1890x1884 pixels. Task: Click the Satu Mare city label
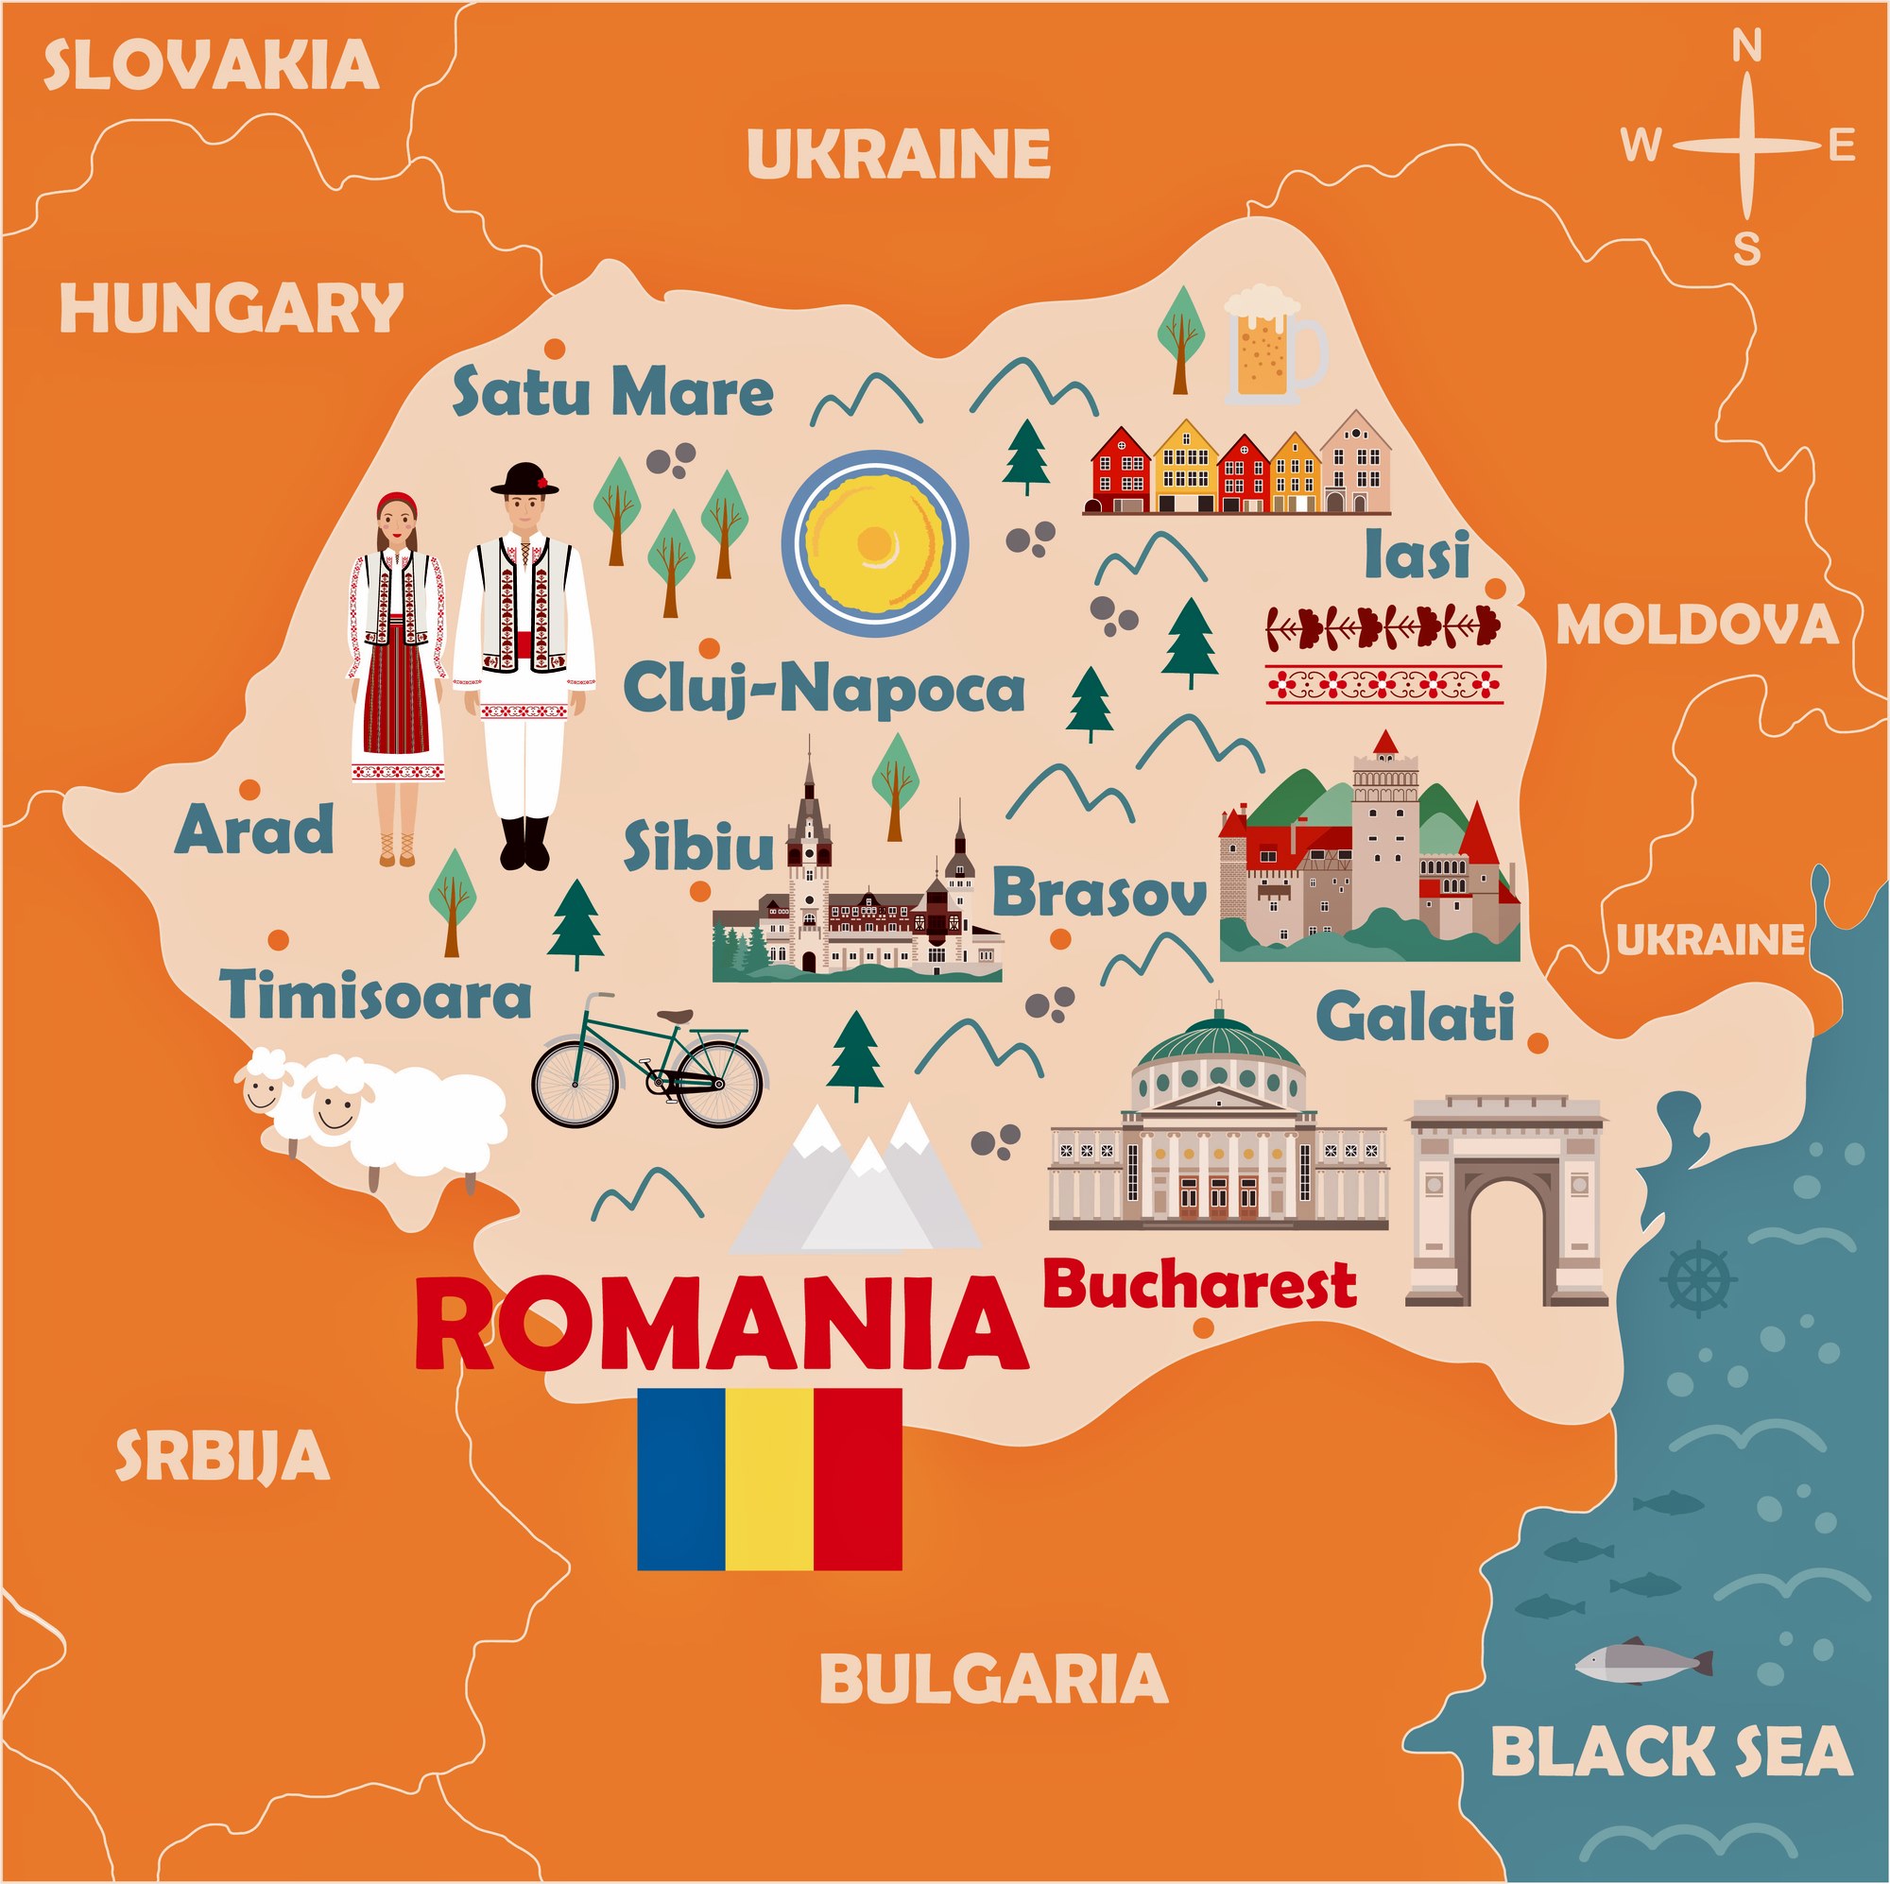click(x=612, y=391)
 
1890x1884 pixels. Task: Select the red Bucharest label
click(x=1199, y=1285)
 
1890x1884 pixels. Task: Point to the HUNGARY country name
click(x=231, y=308)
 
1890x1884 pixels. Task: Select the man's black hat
click(x=525, y=478)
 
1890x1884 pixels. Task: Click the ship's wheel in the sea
click(x=1698, y=1278)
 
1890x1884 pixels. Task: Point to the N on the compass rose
click(x=1747, y=74)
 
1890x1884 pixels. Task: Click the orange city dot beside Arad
click(x=249, y=789)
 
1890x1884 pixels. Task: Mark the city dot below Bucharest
click(x=1203, y=1327)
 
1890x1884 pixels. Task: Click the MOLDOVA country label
click(x=1696, y=625)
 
